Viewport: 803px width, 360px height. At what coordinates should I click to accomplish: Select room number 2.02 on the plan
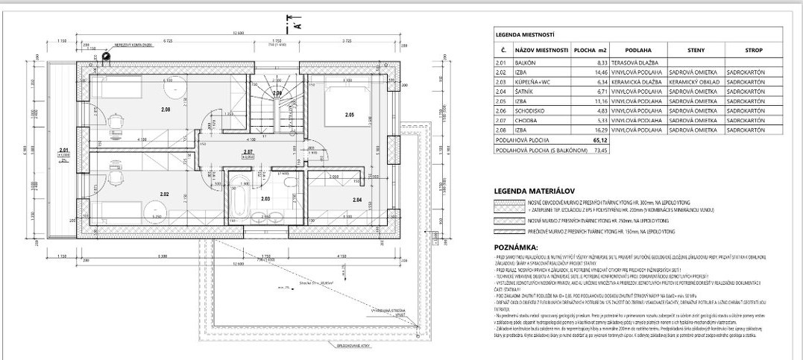coord(164,195)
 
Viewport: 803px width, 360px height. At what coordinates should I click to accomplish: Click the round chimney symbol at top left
coord(104,55)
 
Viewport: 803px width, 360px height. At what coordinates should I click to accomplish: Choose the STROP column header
coord(753,51)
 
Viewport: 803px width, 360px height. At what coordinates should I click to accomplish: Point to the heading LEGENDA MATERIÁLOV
coord(529,190)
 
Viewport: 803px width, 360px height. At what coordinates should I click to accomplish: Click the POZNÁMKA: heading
coord(516,245)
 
